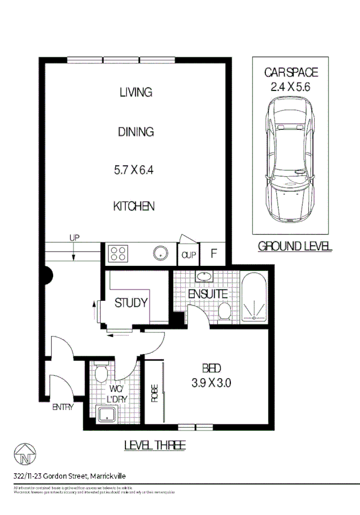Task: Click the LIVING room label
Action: click(135, 92)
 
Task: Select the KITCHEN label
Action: click(134, 206)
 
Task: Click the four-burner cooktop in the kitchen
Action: click(119, 253)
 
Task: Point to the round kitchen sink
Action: click(161, 253)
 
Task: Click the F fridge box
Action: click(213, 253)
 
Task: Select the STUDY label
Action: click(131, 303)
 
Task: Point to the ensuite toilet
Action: click(225, 311)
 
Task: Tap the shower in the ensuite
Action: click(256, 311)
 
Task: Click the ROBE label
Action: click(154, 393)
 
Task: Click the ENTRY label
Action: click(63, 407)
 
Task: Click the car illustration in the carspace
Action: click(290, 160)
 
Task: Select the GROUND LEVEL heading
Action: click(295, 246)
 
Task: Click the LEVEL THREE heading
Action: click(154, 446)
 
